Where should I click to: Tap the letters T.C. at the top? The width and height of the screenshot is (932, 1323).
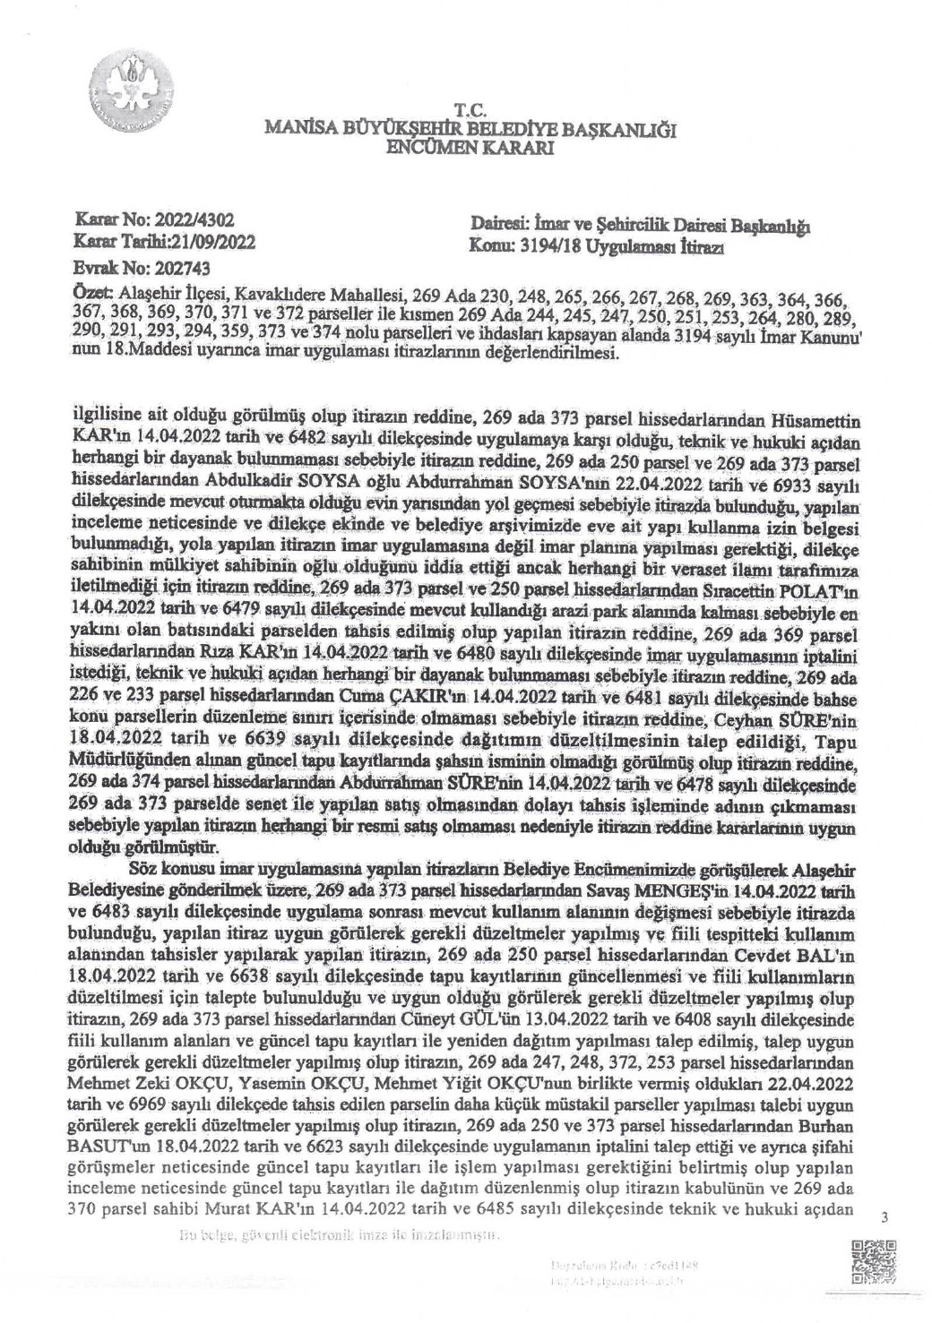point(469,110)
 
